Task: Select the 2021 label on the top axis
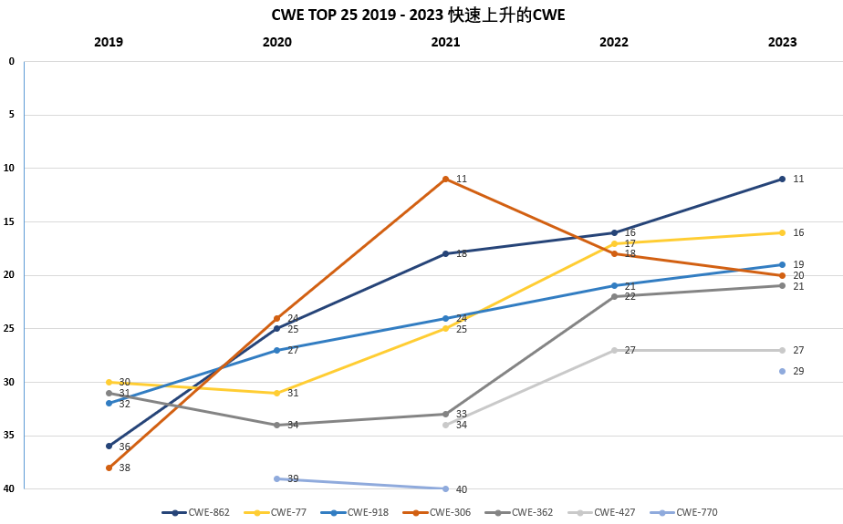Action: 445,42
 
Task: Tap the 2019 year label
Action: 109,42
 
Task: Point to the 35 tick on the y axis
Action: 9,436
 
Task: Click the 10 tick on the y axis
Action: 9,169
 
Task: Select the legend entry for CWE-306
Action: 442,512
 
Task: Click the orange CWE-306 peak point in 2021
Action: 445,179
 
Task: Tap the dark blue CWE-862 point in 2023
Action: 782,179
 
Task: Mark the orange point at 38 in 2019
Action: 109,467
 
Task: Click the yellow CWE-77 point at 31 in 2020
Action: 277,393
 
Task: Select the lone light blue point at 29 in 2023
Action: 782,371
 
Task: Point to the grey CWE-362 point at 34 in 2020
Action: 277,425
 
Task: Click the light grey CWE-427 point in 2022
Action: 614,350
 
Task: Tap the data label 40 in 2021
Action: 462,489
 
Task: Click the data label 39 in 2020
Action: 293,479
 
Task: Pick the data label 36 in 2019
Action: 124,447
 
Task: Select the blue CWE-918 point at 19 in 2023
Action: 782,264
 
